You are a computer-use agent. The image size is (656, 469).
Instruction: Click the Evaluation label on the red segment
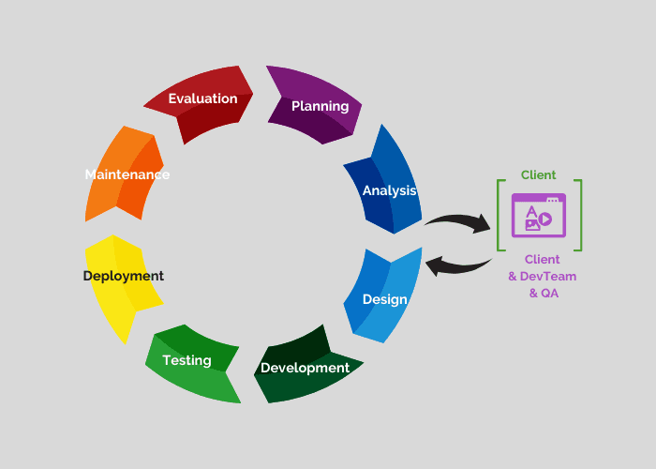[202, 98]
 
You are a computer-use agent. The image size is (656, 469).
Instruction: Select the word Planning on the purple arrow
[320, 106]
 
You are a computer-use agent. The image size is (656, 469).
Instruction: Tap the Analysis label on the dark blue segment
[389, 190]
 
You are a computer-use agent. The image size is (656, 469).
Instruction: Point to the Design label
[384, 300]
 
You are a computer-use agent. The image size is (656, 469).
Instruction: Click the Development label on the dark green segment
[305, 368]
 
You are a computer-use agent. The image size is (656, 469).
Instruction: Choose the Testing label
[186, 360]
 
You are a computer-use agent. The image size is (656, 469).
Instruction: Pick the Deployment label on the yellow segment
[123, 276]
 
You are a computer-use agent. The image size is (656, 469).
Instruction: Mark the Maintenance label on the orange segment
[127, 174]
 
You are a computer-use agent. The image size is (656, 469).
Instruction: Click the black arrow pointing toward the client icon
[457, 222]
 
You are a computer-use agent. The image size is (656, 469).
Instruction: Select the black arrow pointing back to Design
[458, 265]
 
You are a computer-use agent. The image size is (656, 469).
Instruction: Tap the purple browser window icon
[538, 215]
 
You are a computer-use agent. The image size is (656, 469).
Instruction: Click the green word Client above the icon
[539, 174]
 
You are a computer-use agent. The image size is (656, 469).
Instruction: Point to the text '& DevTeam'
[542, 276]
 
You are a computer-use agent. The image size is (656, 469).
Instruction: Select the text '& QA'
[542, 293]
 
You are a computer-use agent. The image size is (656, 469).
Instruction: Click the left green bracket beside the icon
[500, 216]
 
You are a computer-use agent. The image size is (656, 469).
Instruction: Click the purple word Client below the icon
[542, 259]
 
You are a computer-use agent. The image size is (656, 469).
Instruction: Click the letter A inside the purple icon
[531, 209]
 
